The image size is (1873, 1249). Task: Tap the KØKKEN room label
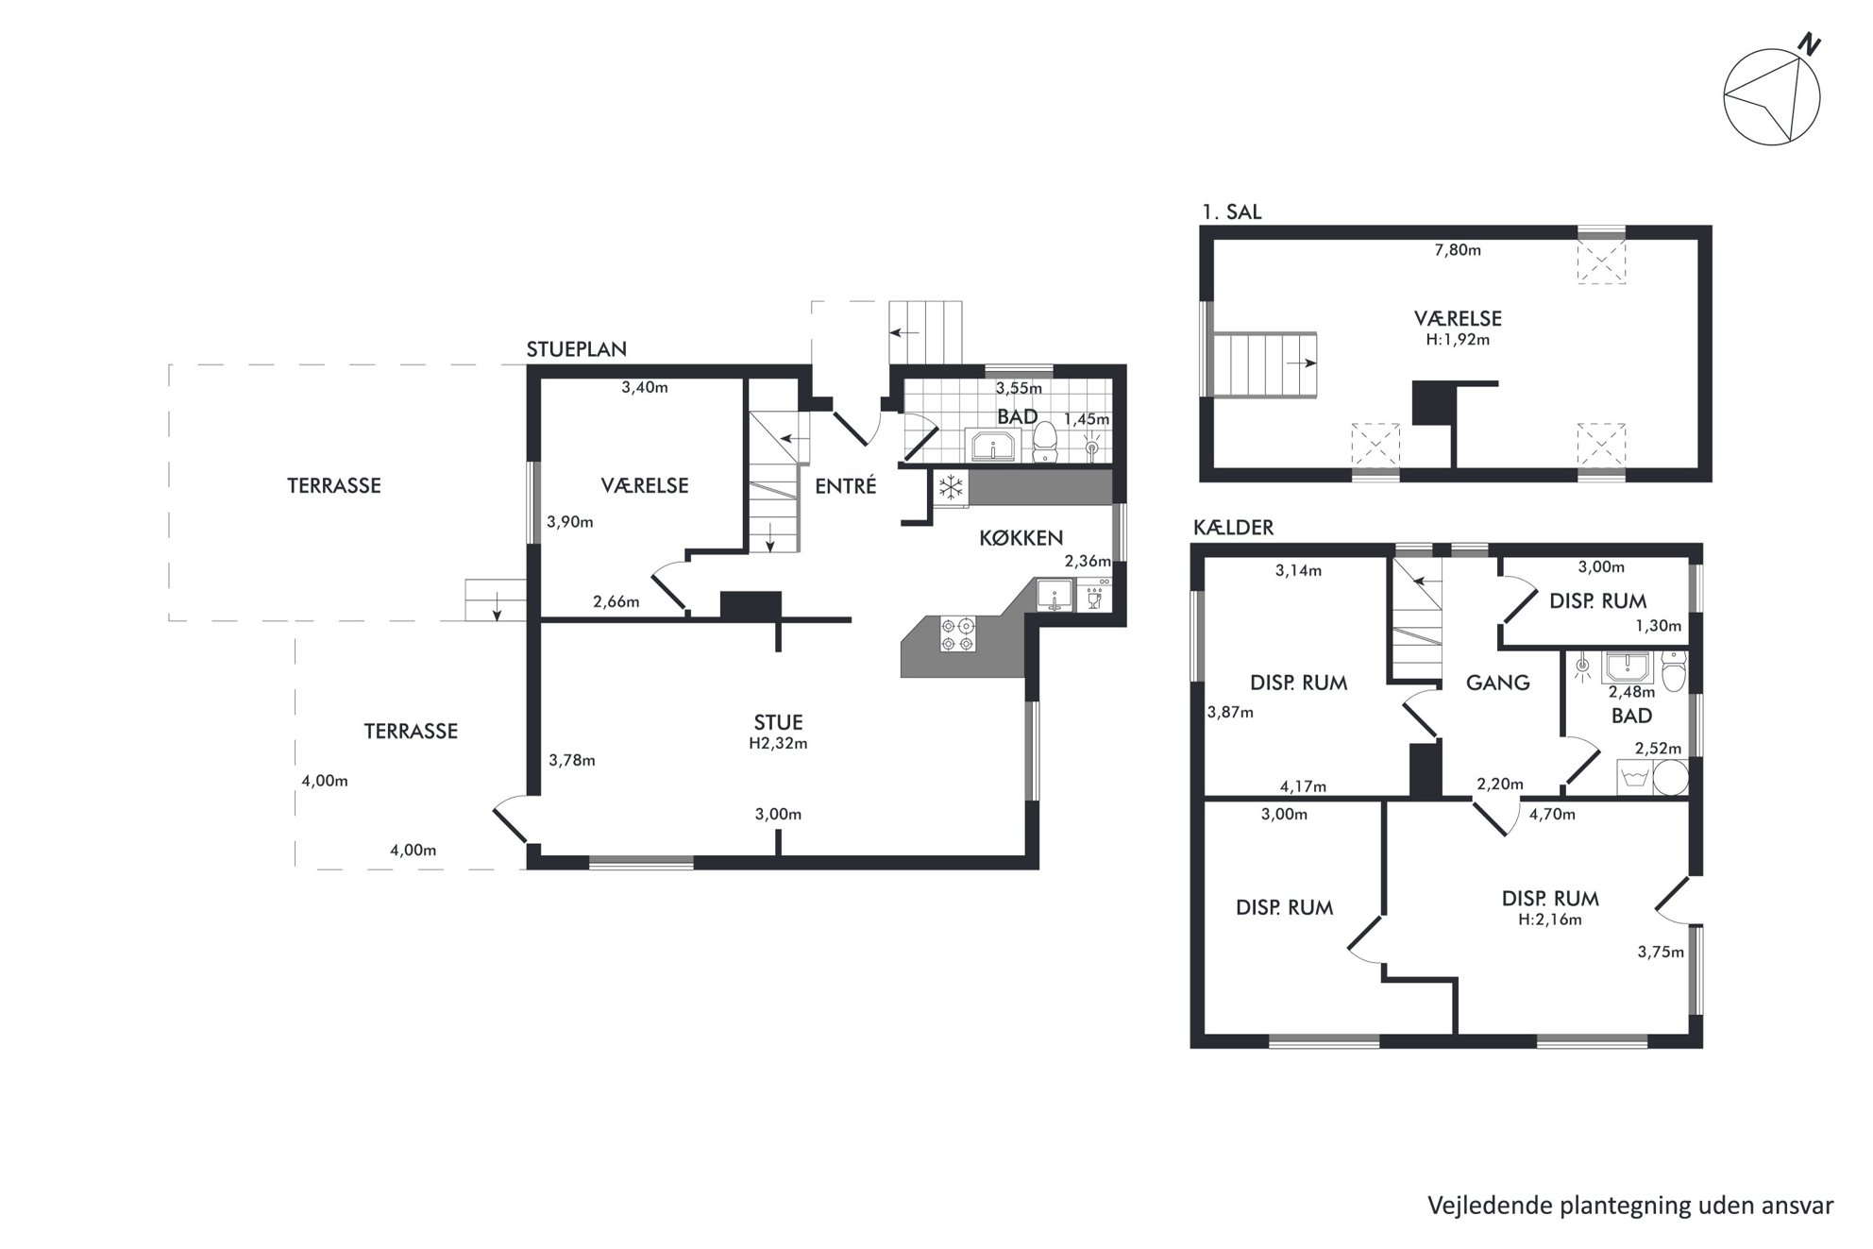click(x=1021, y=538)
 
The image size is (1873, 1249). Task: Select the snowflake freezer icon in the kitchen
click(x=951, y=487)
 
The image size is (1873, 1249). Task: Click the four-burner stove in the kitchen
click(x=957, y=633)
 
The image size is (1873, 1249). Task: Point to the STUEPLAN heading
click(x=576, y=349)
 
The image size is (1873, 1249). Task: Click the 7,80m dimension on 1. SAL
click(x=1458, y=250)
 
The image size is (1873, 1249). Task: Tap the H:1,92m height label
click(x=1458, y=340)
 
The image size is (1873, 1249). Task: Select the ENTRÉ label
click(x=846, y=486)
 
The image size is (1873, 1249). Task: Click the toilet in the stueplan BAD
click(x=1044, y=442)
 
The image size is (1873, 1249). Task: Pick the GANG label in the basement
click(x=1498, y=683)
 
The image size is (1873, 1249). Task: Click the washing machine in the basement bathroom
click(x=1634, y=777)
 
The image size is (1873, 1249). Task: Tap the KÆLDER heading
click(x=1233, y=528)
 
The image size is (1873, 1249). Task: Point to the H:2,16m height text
click(x=1550, y=920)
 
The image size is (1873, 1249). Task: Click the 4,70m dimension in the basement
click(x=1552, y=814)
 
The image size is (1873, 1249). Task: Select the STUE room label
click(x=778, y=723)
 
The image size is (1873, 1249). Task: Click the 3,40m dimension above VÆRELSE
click(x=645, y=387)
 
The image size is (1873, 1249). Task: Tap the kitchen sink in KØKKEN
click(x=1054, y=596)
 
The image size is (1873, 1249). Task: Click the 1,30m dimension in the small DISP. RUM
click(x=1658, y=625)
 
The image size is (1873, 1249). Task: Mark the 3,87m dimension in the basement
click(x=1230, y=713)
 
